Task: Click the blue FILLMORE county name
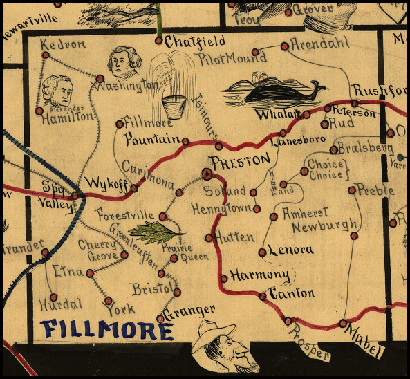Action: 107,329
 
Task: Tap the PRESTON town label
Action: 240,160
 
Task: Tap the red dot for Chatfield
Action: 159,41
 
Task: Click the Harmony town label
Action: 253,275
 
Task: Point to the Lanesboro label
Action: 298,142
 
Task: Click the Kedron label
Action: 64,44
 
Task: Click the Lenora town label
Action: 290,250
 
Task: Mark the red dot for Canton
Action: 262,296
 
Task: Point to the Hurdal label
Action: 61,303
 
